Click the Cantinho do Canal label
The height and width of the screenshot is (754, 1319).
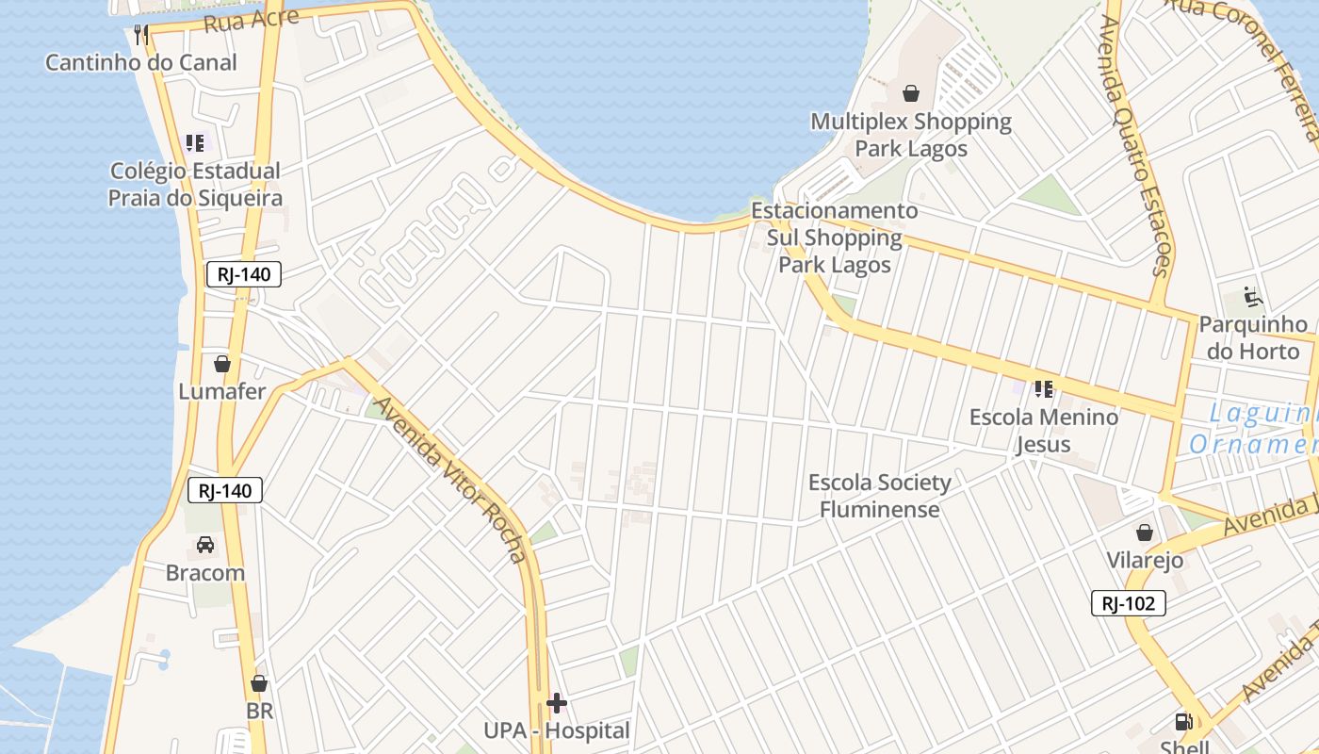click(141, 62)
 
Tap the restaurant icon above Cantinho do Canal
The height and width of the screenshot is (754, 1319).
click(141, 36)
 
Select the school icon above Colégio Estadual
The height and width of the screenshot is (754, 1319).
click(195, 143)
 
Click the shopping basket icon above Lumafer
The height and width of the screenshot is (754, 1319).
click(222, 364)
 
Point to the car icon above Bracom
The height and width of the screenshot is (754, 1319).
click(205, 545)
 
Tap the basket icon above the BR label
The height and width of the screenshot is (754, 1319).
click(259, 683)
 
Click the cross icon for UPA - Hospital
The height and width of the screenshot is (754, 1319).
click(557, 703)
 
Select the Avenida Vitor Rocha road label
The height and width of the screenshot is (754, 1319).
click(451, 480)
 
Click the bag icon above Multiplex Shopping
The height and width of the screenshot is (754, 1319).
click(911, 93)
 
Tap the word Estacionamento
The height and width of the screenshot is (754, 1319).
click(834, 210)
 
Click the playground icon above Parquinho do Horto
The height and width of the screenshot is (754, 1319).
click(1253, 297)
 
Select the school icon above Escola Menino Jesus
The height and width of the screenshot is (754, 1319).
click(1043, 388)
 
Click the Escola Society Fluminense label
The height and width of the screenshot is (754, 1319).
click(880, 496)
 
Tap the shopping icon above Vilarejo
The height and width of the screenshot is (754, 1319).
click(1145, 533)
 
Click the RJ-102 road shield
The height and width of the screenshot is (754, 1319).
click(1129, 603)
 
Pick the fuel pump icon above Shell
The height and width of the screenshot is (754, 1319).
click(1183, 722)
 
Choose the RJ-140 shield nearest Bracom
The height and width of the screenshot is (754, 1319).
click(225, 490)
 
